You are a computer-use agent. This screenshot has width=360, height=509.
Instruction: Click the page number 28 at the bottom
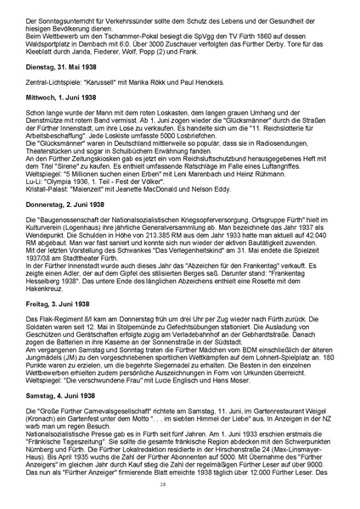coord(180,484)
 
